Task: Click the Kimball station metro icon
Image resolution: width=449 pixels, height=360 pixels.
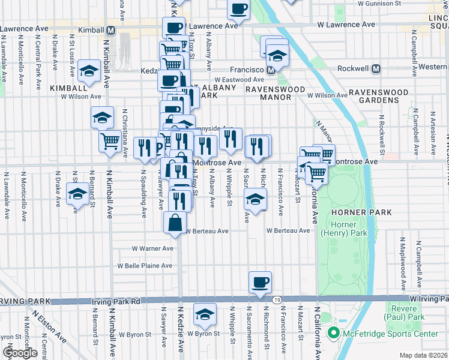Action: tap(110, 30)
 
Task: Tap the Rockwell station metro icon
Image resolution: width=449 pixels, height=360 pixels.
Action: tap(376, 68)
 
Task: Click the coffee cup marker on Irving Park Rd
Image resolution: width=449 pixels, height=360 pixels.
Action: tap(260, 282)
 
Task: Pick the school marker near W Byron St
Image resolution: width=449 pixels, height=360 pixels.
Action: tap(205, 314)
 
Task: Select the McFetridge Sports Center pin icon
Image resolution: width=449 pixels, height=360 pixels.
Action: tap(332, 334)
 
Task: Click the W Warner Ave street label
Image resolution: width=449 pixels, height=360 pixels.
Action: tap(152, 248)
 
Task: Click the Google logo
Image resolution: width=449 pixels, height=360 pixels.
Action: tap(20, 353)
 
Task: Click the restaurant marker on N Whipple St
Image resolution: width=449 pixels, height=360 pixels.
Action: tap(231, 139)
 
